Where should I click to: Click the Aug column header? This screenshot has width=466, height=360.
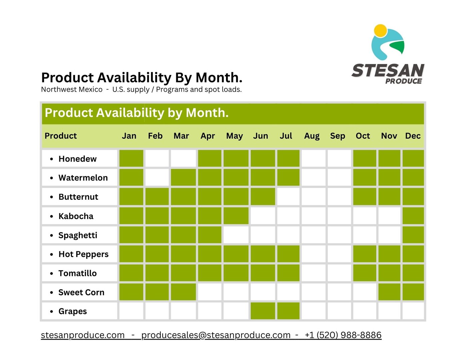[x=312, y=136]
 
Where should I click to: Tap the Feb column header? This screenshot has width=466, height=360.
[x=155, y=136]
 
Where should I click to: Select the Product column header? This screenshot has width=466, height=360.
[x=61, y=136]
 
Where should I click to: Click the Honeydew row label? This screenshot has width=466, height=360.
[x=77, y=159]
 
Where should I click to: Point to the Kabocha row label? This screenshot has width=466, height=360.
[x=76, y=216]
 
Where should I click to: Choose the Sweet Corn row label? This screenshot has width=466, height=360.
[x=81, y=292]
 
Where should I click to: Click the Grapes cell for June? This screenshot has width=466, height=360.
[x=263, y=311]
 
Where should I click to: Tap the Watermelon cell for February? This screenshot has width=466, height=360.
[x=157, y=177]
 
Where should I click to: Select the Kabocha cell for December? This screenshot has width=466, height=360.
[x=413, y=216]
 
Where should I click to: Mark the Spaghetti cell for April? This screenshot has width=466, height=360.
[x=210, y=235]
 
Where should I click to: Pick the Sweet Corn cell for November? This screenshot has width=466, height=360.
[x=389, y=292]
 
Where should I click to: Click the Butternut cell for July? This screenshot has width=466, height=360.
[x=288, y=196]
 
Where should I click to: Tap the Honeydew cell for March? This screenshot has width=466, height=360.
[x=183, y=158]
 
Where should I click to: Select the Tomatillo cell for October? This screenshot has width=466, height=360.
[x=365, y=273]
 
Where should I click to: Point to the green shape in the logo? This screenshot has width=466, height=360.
[x=397, y=48]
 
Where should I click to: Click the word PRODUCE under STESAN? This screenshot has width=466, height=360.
[x=403, y=81]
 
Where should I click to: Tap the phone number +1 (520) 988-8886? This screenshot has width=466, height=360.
[x=343, y=335]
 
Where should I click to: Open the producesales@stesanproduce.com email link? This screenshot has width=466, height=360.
[x=216, y=335]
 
